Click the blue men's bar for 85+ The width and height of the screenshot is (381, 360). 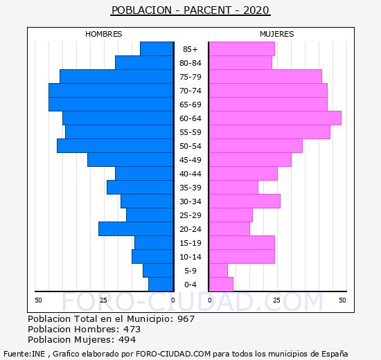coord(157,49)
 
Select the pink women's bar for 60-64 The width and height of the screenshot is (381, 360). coord(275,118)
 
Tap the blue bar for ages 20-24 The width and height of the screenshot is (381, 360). coord(136,229)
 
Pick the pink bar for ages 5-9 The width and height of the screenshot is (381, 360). coord(218,271)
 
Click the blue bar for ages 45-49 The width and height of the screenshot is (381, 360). coord(130,160)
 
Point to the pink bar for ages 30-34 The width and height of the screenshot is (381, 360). coord(245,201)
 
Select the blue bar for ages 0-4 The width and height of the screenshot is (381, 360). coord(161,285)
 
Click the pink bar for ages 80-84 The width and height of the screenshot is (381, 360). coord(240,63)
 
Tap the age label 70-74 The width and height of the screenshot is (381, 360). coord(190,91)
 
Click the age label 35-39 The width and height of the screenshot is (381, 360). coord(190,188)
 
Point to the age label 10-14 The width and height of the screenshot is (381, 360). coord(190,257)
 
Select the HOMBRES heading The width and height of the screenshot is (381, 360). coord(104,34)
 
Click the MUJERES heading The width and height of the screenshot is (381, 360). coord(277,34)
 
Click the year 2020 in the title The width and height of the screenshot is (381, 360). coord(256,10)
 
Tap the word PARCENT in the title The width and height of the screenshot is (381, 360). coord(207,10)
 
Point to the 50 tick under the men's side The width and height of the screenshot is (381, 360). coord(38,300)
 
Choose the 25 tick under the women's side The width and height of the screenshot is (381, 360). coord(277,300)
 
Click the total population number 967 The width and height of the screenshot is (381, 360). coord(186,319)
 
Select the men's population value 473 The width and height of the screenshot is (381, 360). coord(132,330)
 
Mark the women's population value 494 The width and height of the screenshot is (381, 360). coord(127,340)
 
